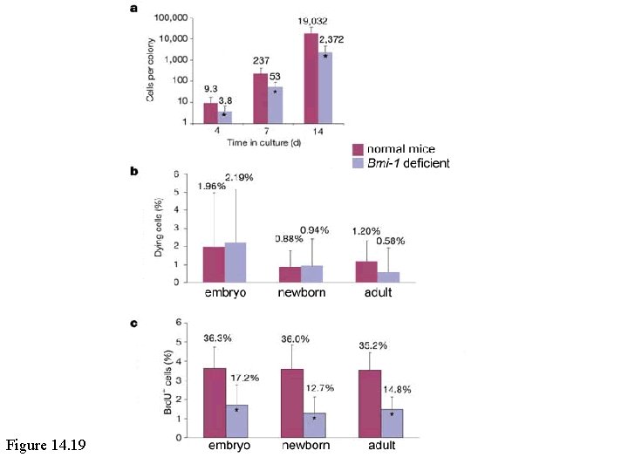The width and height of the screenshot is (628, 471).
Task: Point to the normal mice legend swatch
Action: [358, 149]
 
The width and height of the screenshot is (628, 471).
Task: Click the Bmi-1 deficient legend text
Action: [409, 163]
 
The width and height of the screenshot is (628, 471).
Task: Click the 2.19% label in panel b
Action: [239, 178]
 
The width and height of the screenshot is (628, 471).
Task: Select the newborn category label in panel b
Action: [302, 292]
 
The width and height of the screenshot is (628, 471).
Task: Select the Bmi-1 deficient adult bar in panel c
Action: [392, 422]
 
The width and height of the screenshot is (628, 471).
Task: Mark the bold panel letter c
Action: [134, 324]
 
